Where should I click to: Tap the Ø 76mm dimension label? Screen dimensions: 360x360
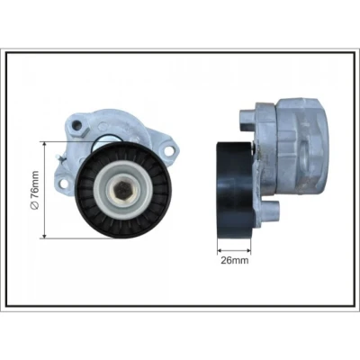pos(35,190)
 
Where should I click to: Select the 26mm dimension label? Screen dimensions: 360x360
pos(235,260)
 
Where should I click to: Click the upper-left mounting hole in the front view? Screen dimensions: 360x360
pos(77,124)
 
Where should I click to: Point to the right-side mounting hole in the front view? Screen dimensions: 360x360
pos(169,151)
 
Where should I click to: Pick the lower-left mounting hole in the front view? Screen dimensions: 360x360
pos(64,184)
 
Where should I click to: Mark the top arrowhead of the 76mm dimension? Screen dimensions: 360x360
pos(45,144)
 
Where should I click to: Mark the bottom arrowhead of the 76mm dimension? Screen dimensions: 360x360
pos(45,236)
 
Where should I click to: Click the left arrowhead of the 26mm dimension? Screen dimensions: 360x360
pos(220,250)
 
